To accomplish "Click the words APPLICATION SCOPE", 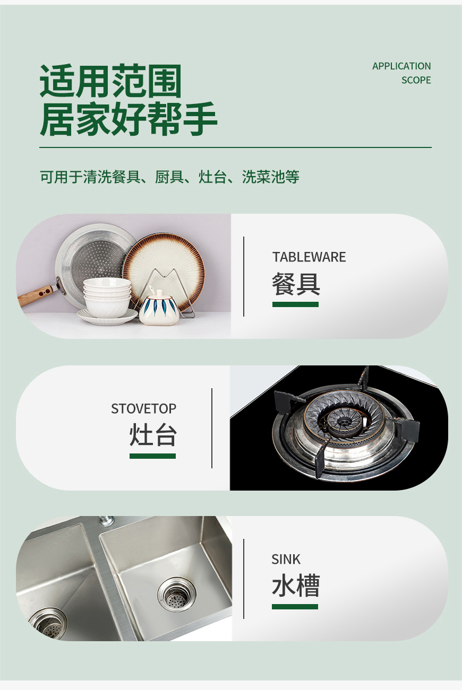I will point(401,73).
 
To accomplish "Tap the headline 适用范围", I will point(111,82).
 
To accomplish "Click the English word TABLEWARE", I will point(309,257).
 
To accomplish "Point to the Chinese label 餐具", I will point(296,284).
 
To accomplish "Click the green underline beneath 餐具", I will point(295,304).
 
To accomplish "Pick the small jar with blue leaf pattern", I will point(159,309).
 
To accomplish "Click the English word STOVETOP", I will point(143,409).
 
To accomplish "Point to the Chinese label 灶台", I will point(153,436).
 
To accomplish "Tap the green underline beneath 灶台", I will point(152,456).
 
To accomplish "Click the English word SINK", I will point(286,560).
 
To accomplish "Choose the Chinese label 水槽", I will point(295,587).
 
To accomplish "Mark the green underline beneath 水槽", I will point(295,607).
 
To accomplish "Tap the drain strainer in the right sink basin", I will point(177,595).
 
